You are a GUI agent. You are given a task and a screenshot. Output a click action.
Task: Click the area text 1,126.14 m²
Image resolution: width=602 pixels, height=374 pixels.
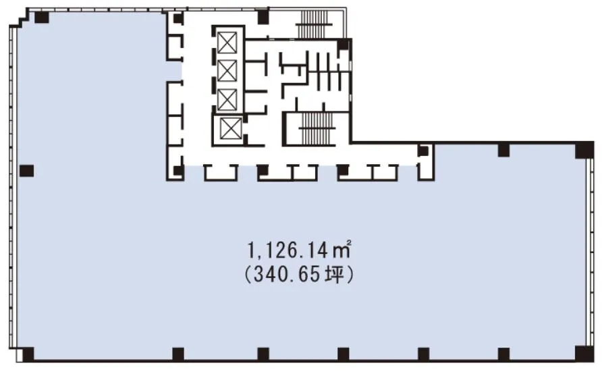pyautogui.click(x=300, y=250)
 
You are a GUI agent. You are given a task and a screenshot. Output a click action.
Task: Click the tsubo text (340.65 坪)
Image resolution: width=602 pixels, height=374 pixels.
pyautogui.click(x=299, y=275)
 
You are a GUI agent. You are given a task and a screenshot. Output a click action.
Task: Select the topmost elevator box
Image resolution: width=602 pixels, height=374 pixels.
pyautogui.click(x=227, y=43)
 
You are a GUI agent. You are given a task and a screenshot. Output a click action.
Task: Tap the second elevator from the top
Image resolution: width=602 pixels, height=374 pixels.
pyautogui.click(x=227, y=71)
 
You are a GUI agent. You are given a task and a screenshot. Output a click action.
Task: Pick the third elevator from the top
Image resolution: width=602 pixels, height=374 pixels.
pyautogui.click(x=227, y=99)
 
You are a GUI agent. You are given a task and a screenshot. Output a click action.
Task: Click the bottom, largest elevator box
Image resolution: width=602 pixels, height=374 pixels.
pyautogui.click(x=231, y=129)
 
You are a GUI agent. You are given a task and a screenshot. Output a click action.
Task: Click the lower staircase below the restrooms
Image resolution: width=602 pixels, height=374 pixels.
pyautogui.click(x=317, y=128)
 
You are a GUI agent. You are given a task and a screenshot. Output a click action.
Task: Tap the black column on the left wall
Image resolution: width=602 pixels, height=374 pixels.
pyautogui.click(x=26, y=171)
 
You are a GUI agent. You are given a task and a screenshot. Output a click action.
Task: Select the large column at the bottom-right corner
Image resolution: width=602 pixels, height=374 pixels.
pyautogui.click(x=584, y=354)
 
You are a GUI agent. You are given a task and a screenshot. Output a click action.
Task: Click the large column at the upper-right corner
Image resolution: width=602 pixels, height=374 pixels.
pyautogui.click(x=584, y=150)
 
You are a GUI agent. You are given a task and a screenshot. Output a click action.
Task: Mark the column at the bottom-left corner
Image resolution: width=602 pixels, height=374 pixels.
pyautogui.click(x=28, y=354)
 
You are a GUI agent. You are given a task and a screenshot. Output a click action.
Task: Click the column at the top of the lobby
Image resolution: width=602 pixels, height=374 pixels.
pyautogui.click(x=263, y=17)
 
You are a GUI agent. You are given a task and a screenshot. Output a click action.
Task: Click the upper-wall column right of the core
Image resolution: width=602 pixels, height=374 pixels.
pyautogui.click(x=503, y=150)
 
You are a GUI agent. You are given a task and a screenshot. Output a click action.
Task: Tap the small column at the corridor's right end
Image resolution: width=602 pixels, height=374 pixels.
pyautogui.click(x=422, y=151)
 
